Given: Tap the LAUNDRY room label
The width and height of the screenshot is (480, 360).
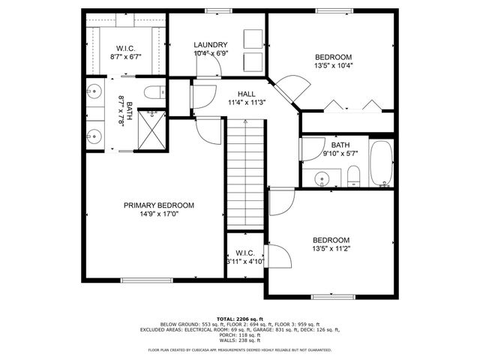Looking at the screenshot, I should pos(210,45).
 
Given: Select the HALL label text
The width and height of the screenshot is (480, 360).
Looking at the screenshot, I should pos(246,94).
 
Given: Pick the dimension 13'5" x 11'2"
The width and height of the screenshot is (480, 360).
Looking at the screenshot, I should pos(331,248).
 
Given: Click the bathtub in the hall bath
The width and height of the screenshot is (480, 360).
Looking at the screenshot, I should pos(380,163).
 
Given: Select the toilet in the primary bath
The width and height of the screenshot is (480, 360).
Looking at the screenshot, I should pos(154,94).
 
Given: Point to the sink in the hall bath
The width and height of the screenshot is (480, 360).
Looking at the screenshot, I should pos(322,178).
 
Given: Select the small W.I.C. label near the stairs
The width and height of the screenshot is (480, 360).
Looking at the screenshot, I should pos(245,253).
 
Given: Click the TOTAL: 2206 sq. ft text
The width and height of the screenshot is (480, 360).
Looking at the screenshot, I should pos(240,319).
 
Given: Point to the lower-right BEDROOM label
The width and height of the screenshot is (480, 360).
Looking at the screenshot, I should pos(331,240).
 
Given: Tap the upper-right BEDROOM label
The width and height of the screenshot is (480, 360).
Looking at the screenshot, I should pos(333,57).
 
